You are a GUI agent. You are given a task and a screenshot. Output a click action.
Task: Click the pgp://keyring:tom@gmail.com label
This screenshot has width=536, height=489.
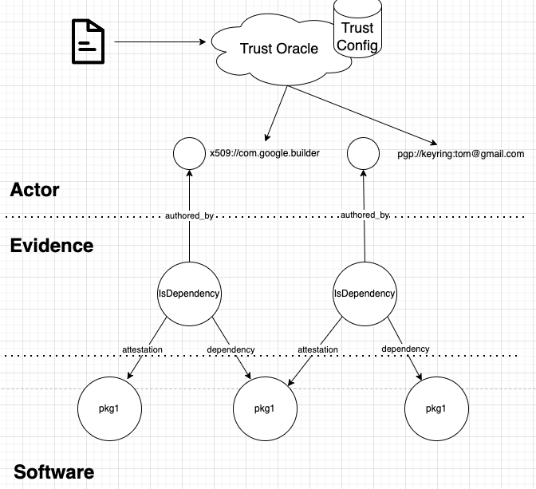(460, 153)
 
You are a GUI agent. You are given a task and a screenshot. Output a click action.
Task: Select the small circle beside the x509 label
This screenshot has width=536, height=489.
(189, 152)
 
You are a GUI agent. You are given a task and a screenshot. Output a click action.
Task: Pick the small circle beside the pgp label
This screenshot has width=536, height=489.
(364, 152)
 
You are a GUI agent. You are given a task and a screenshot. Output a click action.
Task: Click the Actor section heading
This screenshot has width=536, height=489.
(34, 190)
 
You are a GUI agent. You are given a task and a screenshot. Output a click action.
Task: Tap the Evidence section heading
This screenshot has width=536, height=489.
(51, 245)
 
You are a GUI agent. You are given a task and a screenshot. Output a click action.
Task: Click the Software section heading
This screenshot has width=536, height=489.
(53, 471)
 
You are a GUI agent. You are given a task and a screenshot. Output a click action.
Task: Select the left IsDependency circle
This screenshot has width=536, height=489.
(189, 294)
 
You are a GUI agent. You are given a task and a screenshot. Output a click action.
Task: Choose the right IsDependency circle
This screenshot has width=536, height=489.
(364, 294)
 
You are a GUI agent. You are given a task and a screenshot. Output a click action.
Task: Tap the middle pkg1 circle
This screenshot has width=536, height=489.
(264, 409)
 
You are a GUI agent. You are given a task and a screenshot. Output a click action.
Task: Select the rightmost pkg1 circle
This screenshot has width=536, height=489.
(436, 408)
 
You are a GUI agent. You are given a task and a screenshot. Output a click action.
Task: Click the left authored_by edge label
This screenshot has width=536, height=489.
(189, 215)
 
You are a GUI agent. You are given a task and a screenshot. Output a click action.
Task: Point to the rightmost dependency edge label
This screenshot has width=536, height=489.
(405, 349)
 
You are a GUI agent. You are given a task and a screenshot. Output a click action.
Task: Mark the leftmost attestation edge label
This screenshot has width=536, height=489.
(144, 349)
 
